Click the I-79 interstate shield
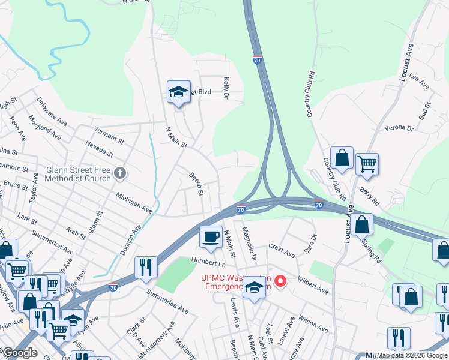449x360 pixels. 257,61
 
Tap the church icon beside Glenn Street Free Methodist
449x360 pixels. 119,174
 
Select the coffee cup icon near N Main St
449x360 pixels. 210,236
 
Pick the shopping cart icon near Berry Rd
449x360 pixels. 366,163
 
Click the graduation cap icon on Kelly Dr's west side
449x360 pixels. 178,91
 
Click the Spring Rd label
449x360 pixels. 372,251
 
